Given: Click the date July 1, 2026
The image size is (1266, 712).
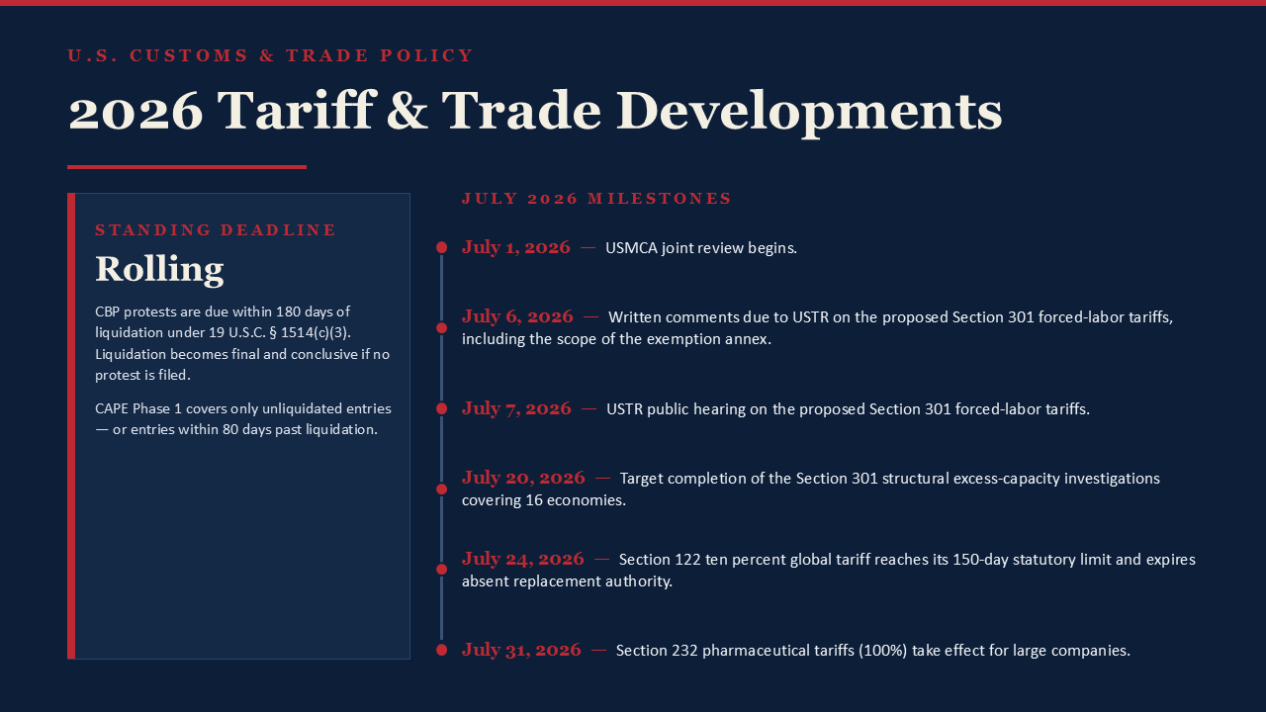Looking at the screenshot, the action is (516, 247).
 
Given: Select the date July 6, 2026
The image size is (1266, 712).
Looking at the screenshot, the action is (517, 316).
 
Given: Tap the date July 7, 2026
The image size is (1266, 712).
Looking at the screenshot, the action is (516, 408).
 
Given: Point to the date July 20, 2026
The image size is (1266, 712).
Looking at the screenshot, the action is (523, 478).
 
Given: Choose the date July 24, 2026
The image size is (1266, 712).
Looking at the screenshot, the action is (523, 559).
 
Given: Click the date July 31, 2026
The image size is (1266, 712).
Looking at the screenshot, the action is (521, 650).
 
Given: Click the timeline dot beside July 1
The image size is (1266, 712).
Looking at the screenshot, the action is (441, 247).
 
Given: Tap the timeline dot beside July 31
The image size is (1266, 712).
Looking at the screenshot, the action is (441, 650).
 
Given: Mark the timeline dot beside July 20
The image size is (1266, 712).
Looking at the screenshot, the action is (441, 489).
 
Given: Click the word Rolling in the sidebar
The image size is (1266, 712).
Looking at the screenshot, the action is (159, 270).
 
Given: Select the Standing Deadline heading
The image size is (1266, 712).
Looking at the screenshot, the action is (216, 230).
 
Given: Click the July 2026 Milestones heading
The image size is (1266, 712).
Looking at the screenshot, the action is (596, 199).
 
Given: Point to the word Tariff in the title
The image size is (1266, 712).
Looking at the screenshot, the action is (297, 110).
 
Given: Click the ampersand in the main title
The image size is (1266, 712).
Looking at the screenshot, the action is (407, 111).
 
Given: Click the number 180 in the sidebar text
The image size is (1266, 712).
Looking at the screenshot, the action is (288, 311).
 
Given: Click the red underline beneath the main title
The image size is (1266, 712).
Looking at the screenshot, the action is (187, 167).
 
